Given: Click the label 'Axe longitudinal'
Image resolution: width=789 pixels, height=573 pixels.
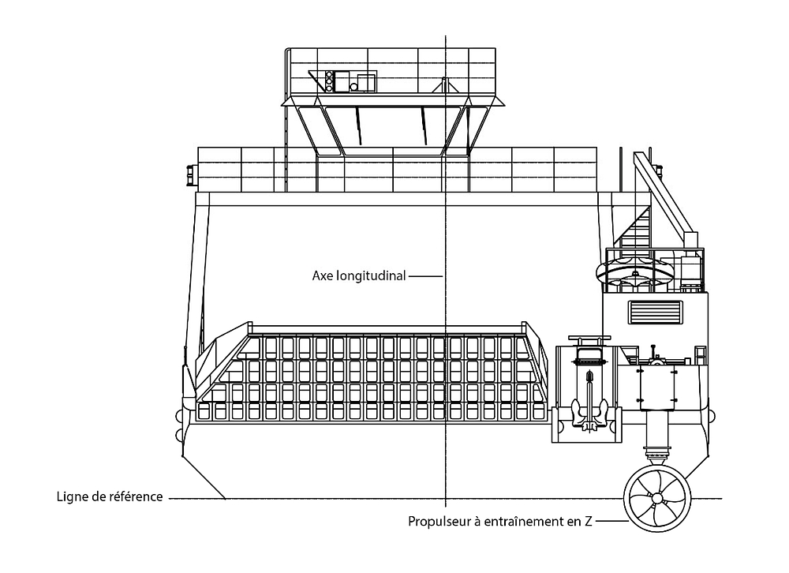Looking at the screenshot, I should pyautogui.click(x=359, y=276).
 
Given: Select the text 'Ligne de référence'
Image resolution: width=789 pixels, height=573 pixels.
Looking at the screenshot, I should pyautogui.click(x=110, y=497).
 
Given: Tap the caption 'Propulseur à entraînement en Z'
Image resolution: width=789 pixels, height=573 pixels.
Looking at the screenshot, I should pyautogui.click(x=499, y=522).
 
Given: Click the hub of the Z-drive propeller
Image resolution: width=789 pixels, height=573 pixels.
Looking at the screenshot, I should pyautogui.click(x=656, y=498).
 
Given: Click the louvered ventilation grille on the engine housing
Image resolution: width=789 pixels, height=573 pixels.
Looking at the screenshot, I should pyautogui.click(x=653, y=312).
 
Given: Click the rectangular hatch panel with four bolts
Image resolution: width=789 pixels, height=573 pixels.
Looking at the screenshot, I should pyautogui.click(x=656, y=388).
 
